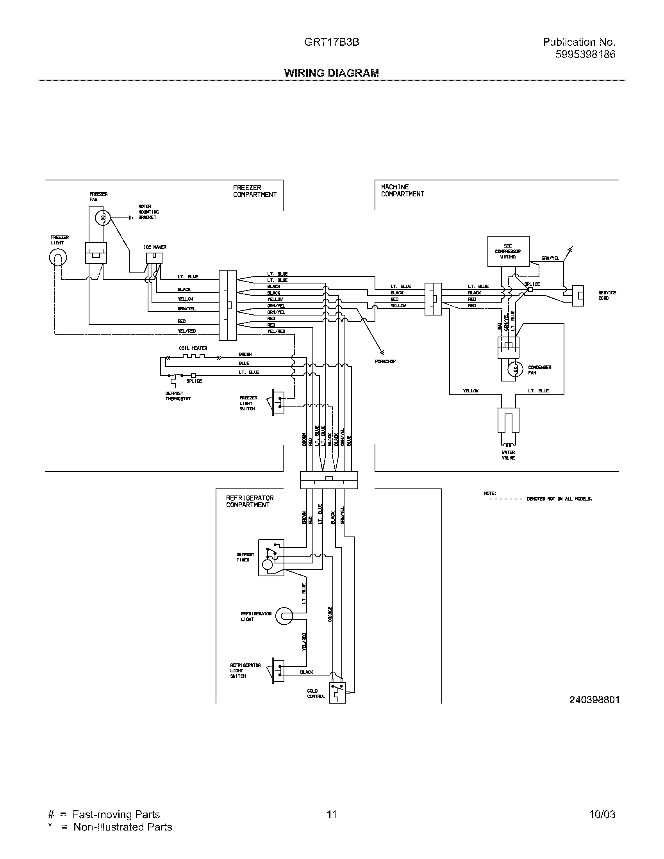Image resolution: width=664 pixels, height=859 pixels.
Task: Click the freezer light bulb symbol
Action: point(58,258)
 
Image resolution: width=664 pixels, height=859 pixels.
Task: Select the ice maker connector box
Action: point(154,258)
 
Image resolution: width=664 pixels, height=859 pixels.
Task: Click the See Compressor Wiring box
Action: point(508,251)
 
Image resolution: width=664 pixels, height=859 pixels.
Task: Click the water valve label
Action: point(508,455)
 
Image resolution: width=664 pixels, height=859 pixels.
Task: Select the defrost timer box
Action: point(271,558)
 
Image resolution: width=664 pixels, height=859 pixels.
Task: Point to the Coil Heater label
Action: point(193,348)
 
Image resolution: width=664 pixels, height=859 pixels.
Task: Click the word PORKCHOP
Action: point(385,361)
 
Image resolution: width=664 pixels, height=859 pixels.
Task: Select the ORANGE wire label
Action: point(330,614)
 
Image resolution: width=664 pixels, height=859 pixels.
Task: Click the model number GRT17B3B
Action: point(331,42)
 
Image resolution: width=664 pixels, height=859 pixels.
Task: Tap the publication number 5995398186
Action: point(585,55)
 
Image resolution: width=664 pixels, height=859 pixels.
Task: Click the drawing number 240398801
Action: point(594,700)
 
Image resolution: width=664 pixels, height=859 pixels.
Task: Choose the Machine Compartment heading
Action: point(402,191)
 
